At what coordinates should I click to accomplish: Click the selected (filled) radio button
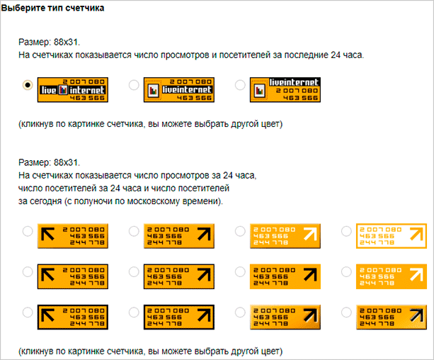tap(28, 85)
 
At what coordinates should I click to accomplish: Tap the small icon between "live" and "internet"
tap(63, 90)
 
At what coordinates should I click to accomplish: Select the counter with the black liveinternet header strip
tap(285, 90)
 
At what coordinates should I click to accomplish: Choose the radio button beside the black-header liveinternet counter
tap(240, 85)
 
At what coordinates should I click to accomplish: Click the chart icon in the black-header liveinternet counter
tap(260, 91)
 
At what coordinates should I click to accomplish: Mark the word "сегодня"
tap(46, 201)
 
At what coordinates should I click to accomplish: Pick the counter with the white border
tap(392, 236)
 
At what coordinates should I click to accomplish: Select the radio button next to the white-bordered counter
tap(346, 231)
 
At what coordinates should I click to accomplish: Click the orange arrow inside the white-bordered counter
tap(416, 234)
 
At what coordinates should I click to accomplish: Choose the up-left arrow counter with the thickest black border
tap(72, 317)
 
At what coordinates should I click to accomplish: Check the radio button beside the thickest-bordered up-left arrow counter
tap(28, 313)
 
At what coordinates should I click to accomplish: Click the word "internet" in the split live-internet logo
tap(87, 90)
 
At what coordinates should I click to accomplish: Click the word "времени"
tap(207, 201)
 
